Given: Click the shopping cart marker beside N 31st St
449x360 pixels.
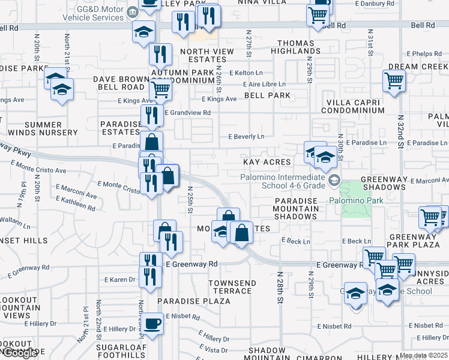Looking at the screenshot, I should (x=394, y=80).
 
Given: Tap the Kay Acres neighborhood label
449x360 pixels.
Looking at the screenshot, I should (x=267, y=162).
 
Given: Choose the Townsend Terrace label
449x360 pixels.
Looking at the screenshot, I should (x=232, y=287).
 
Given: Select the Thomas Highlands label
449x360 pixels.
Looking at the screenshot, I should (x=295, y=47).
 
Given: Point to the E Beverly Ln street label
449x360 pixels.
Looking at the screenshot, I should (x=246, y=137).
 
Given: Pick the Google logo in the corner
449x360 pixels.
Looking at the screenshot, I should (x=19, y=353).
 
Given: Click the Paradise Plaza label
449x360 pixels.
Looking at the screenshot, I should (x=185, y=300).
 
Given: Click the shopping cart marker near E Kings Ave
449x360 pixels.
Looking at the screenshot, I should (x=160, y=90).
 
